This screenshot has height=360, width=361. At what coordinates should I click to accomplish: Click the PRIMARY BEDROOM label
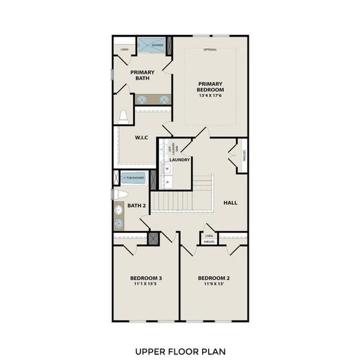(x=210, y=86)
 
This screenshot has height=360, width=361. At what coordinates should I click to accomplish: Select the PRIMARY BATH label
(x=142, y=75)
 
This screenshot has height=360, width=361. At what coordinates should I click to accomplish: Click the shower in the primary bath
(x=154, y=46)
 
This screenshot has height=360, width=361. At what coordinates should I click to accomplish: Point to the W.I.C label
(x=141, y=137)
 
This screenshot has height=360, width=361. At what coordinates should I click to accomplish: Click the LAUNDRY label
(x=180, y=160)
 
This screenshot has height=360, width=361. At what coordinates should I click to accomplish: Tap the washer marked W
(x=167, y=169)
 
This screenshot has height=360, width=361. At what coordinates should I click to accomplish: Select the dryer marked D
(x=167, y=181)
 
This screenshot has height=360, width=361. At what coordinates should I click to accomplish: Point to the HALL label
(x=230, y=203)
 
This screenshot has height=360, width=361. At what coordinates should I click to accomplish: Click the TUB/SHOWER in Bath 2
(x=134, y=178)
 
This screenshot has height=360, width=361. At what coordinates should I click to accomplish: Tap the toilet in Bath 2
(x=119, y=194)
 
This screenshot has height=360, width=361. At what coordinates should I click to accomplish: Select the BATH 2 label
(x=137, y=206)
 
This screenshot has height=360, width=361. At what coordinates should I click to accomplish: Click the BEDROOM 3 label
(x=146, y=278)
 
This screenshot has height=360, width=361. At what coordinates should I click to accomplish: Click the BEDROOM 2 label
(x=214, y=278)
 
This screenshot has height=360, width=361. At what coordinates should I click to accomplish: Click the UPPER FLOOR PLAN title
(x=180, y=351)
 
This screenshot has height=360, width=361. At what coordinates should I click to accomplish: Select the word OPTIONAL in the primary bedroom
(x=210, y=50)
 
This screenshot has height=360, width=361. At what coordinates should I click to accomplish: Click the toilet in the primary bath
(x=124, y=116)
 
